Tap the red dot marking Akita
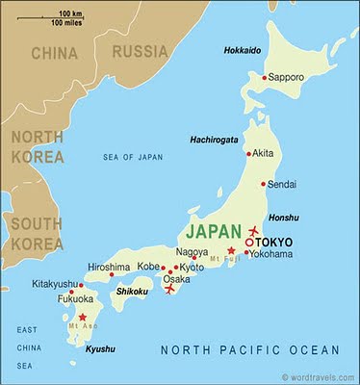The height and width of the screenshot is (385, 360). (x=248, y=153)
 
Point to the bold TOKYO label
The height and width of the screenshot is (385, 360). (x=276, y=242)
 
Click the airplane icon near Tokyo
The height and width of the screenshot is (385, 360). (x=254, y=230)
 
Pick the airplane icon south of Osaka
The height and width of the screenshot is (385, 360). (x=170, y=288)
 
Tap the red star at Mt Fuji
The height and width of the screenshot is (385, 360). (x=230, y=250)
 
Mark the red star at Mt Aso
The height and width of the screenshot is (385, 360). (x=83, y=317)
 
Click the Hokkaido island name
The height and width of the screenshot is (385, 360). (x=244, y=49)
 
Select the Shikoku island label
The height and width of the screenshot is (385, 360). (x=131, y=291)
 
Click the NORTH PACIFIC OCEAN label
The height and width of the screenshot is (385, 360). (x=249, y=349)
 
